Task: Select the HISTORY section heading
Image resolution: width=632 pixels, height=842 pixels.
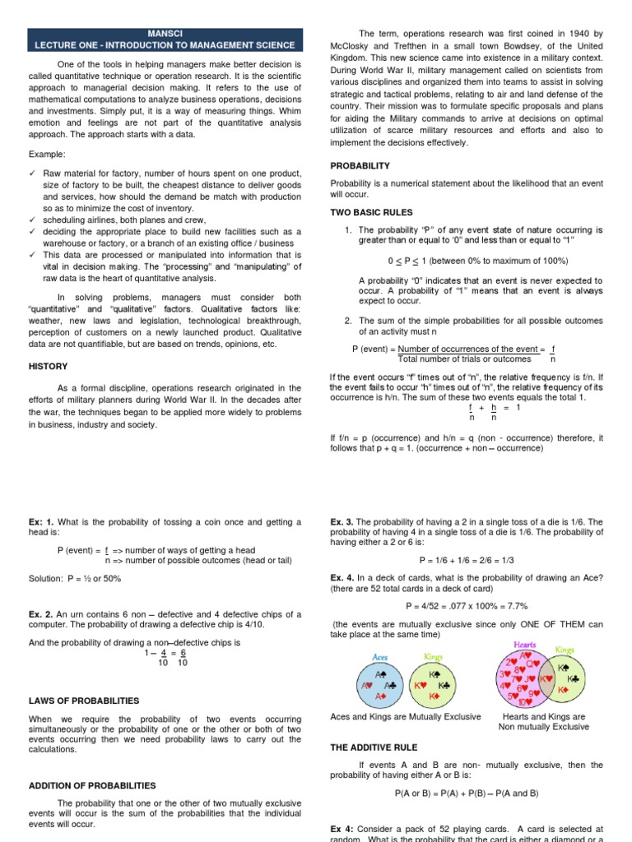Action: [x=49, y=366]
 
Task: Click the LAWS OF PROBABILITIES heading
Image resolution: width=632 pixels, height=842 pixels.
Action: [x=84, y=701]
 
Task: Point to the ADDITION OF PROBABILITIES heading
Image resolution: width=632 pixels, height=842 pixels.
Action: [x=92, y=785]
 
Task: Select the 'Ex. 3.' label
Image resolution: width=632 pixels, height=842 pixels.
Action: [x=343, y=521]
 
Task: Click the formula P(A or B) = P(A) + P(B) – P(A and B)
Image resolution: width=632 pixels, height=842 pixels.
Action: [x=466, y=793]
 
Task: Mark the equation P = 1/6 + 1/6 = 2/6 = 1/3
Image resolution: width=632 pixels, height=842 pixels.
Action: [x=466, y=559]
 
